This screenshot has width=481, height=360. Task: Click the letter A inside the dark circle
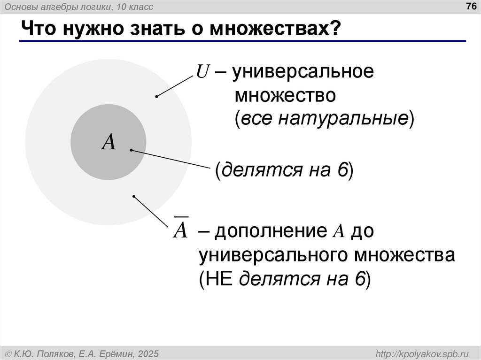[109, 142]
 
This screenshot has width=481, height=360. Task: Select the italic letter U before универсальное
[202, 73]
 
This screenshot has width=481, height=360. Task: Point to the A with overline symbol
[181, 230]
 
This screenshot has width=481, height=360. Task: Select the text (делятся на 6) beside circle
[284, 170]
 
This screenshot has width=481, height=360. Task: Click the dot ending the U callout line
[156, 97]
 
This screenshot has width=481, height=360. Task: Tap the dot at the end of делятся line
[131, 150]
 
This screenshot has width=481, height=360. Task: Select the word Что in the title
[35, 29]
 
